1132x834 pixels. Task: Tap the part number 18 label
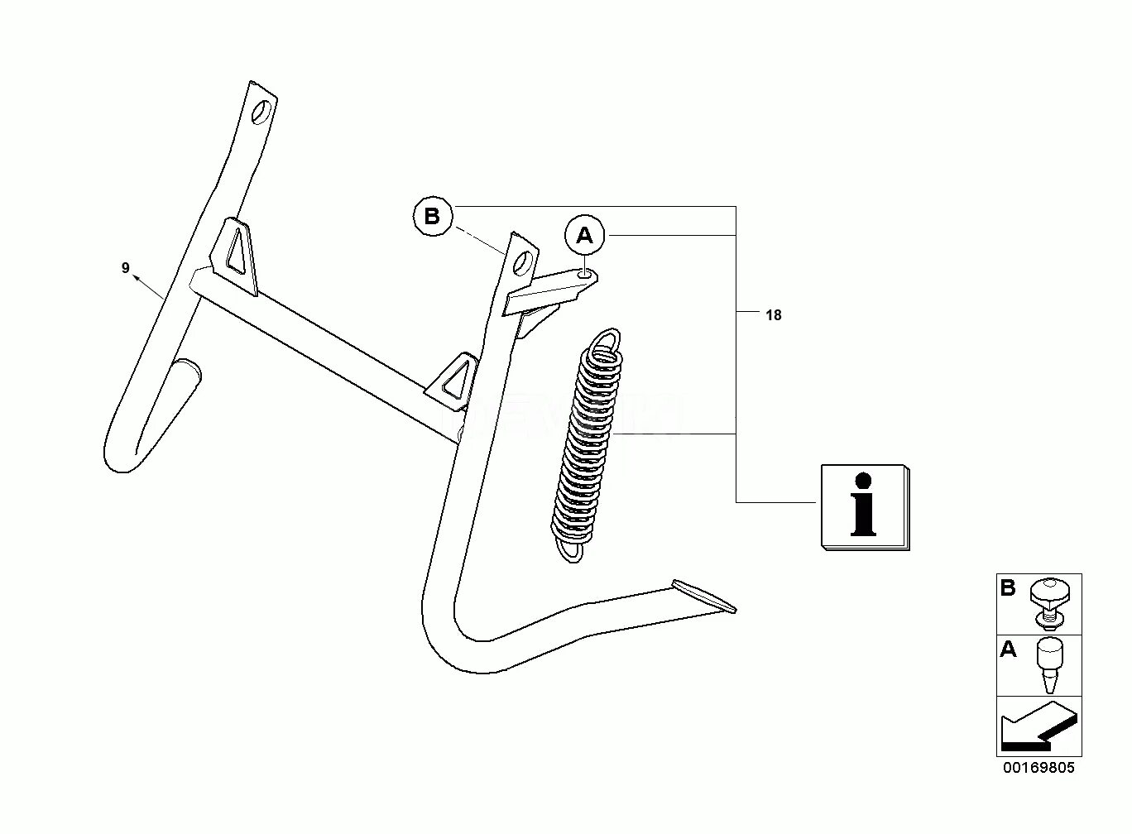tap(773, 315)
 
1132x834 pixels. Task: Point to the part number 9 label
tap(126, 268)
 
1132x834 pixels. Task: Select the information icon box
tap(864, 506)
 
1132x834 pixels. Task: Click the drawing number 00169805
tap(1039, 768)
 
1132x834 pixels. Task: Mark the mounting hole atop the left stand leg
tap(262, 111)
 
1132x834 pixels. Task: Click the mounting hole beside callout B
tap(523, 264)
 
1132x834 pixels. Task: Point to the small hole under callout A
tap(586, 273)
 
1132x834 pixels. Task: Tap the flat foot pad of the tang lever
tap(703, 595)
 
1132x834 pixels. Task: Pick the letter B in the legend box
tap(1008, 589)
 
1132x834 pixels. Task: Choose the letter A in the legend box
tap(1008, 650)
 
